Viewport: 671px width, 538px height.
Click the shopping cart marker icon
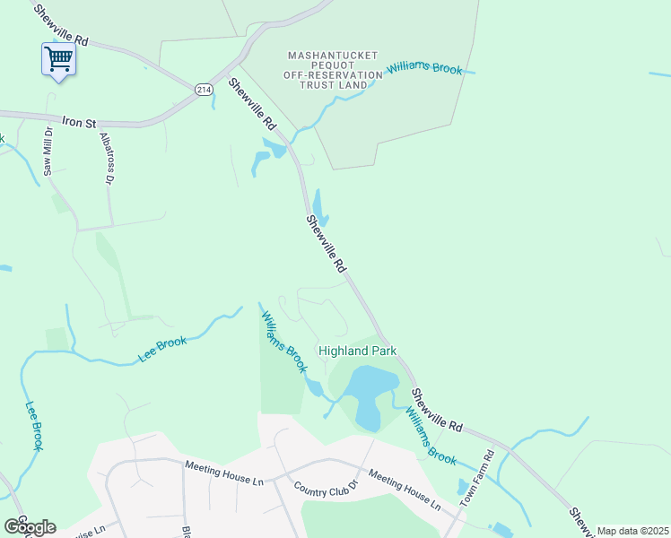click(58, 60)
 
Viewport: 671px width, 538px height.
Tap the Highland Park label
click(358, 351)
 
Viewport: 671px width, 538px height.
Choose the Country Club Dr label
click(326, 490)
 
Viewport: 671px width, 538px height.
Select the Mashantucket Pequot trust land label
click(327, 70)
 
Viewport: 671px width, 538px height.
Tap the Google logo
click(29, 526)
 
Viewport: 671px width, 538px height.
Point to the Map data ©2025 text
click(632, 531)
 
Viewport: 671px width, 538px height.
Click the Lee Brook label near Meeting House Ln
click(162, 350)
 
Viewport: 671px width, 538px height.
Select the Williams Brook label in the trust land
click(424, 69)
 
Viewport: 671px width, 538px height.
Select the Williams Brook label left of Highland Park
click(283, 342)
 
